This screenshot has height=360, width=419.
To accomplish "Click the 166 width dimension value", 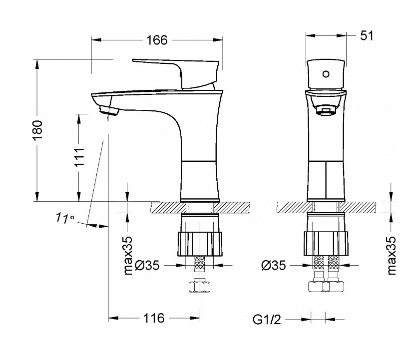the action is click(x=157, y=40).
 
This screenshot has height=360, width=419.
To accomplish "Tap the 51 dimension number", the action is click(x=367, y=35).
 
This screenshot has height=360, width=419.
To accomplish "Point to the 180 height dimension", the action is click(x=37, y=130).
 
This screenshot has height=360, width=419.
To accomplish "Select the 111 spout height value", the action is click(x=79, y=157).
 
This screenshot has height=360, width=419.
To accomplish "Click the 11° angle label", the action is click(x=65, y=218).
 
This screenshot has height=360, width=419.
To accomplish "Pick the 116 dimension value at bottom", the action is click(x=154, y=318).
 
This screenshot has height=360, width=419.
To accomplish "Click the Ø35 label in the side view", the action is click(x=147, y=266).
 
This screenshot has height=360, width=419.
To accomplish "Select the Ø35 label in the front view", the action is click(x=274, y=266).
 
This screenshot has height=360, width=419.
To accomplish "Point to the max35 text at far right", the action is click(x=391, y=256).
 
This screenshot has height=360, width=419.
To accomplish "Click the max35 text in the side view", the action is click(x=128, y=256).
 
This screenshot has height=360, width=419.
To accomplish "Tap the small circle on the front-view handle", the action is click(x=326, y=74).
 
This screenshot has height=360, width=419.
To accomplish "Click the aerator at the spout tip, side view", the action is click(x=108, y=110).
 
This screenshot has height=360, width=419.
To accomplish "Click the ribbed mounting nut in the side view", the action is click(x=200, y=244).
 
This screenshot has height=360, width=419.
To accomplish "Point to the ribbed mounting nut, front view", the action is click(x=326, y=244).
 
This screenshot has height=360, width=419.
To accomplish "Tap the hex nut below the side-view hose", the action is click(x=200, y=287).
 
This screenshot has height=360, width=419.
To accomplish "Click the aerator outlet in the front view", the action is click(x=326, y=110).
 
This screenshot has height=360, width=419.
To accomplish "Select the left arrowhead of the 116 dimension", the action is click(x=113, y=318).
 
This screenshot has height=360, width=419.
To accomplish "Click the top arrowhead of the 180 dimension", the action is click(x=37, y=64).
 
